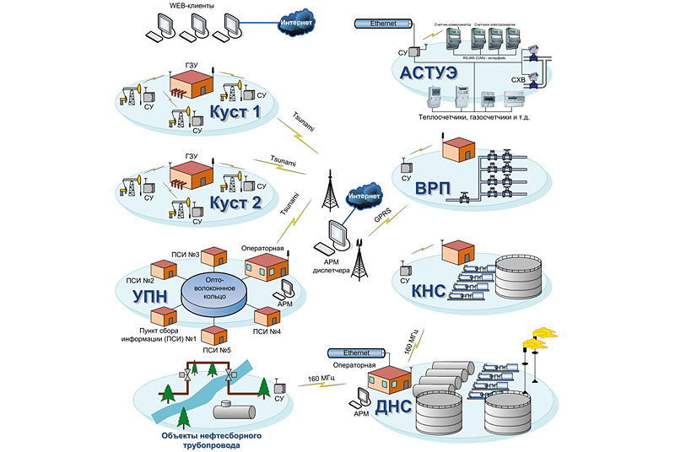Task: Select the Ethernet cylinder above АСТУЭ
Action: point(382,24)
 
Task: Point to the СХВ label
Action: point(519,80)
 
